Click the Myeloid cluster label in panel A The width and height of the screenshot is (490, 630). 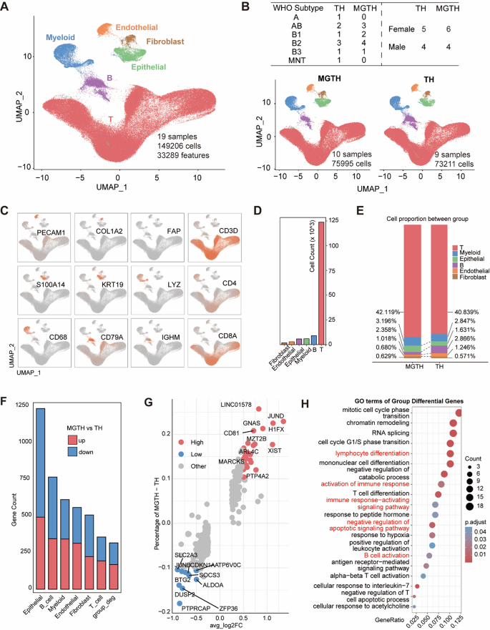[x=65, y=36]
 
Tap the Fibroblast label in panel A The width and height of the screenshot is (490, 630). [x=169, y=41]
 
